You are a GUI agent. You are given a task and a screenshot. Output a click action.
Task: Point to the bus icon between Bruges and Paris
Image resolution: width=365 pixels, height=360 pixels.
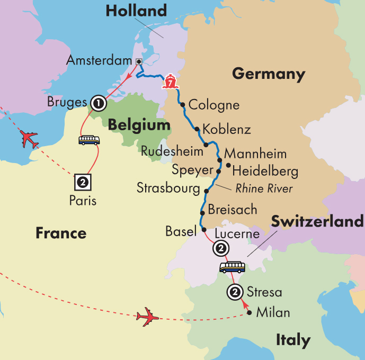point(89,140)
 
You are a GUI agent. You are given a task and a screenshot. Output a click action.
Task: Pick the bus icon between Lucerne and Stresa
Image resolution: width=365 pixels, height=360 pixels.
point(233,267)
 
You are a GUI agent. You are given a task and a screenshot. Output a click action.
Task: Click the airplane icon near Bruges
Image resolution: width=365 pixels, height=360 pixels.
point(29,140)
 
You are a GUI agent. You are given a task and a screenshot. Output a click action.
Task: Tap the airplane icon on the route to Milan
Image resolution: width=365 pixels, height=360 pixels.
point(147,317)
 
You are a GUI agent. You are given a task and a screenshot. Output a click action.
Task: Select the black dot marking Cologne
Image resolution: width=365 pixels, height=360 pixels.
point(182,105)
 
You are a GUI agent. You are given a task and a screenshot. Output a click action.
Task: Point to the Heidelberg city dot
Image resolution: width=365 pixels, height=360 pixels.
point(228,166)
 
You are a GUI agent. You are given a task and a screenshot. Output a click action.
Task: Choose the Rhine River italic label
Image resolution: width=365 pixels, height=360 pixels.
point(264,188)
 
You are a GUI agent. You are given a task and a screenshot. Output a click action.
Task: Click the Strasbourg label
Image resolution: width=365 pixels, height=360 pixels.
point(169,188)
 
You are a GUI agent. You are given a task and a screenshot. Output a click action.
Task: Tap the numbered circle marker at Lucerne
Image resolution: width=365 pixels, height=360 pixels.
point(220,248)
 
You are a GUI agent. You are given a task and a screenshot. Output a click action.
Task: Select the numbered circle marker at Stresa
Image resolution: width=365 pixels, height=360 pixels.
point(234,292)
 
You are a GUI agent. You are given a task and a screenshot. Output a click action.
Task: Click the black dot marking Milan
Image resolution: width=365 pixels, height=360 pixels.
point(250,313)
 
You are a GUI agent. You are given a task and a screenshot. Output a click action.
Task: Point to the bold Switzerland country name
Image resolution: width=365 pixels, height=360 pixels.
point(317,221)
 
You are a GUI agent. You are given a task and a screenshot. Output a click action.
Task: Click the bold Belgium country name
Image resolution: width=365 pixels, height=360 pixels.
point(139,125)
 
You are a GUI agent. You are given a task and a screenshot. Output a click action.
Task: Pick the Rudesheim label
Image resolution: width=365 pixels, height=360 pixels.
point(172,151)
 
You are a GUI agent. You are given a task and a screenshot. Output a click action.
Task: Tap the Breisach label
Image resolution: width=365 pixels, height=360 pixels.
point(233,209)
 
